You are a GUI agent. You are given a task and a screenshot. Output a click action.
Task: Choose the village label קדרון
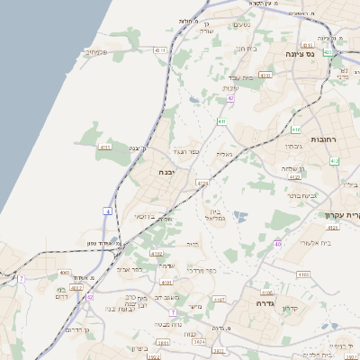290,309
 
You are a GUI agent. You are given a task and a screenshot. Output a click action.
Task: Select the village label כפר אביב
130,268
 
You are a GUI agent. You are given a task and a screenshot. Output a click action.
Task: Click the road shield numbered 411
220,120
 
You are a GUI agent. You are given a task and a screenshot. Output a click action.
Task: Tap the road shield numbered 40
278,244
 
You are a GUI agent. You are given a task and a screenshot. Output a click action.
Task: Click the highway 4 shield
107,211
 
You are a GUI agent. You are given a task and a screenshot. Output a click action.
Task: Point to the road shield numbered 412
334,160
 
